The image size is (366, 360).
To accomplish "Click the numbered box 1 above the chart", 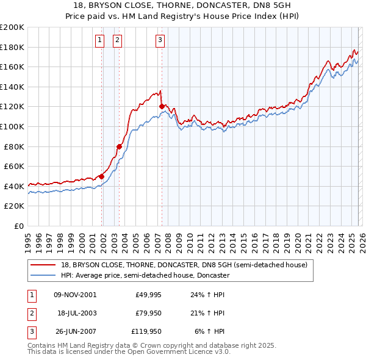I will tap(99, 41).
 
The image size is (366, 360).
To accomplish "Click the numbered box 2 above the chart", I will tap(117, 41).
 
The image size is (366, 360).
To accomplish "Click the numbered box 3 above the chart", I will tap(160, 41).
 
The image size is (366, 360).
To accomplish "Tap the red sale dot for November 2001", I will tap(102, 176).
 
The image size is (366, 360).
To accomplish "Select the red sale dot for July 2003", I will tap(120, 146).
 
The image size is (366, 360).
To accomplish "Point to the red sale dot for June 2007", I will tap(162, 106).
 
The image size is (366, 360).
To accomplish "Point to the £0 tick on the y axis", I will tap(20, 226).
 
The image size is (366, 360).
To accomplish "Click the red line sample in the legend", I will tap(43, 265).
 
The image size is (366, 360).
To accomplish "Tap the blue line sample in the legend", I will tap(43, 275).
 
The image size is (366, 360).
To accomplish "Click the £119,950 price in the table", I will tap(147, 331).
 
